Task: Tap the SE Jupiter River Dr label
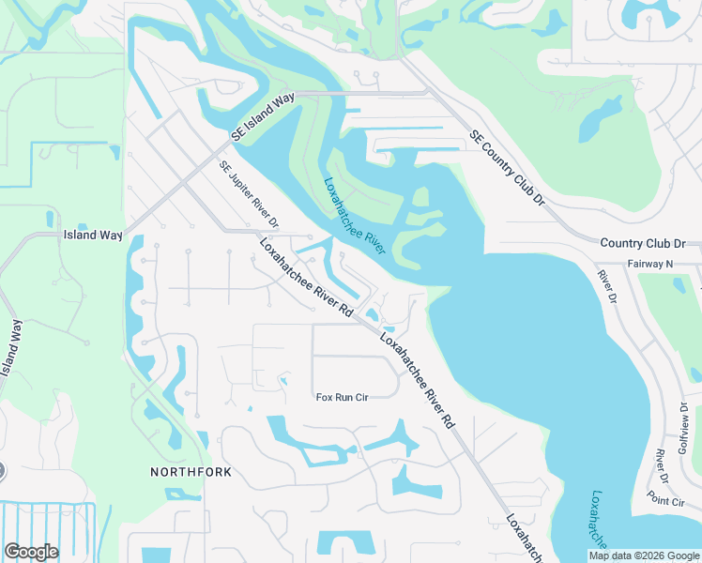251,195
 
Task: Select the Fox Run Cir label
342,398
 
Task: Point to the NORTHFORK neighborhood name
191,472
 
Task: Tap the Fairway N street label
650,265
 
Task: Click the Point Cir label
665,502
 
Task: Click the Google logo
31,552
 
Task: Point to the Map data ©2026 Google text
643,555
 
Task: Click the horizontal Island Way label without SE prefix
93,235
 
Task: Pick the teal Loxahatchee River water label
356,217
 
